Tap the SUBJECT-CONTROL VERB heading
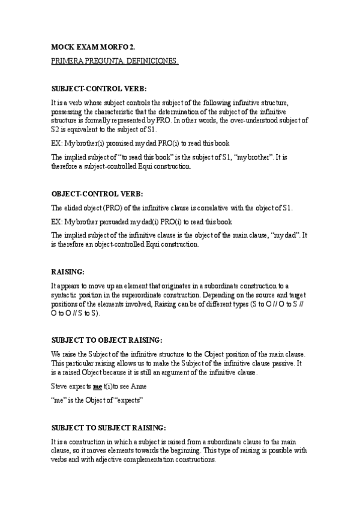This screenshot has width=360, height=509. [x=99, y=89]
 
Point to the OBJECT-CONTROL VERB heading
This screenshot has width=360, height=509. [x=97, y=194]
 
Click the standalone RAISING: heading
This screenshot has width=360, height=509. [x=68, y=271]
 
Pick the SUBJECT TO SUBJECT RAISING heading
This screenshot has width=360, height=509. [x=109, y=427]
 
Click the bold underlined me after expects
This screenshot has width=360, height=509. [x=98, y=387]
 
